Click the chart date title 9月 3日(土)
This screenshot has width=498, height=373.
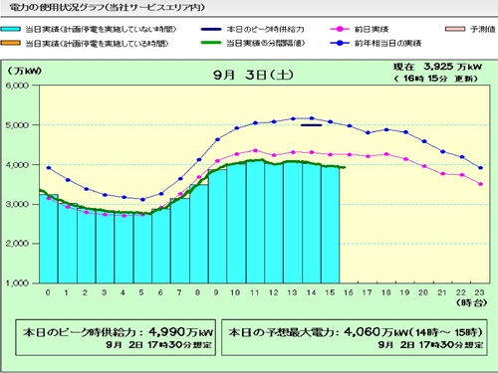[249, 76]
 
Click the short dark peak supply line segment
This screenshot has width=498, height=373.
[311, 124]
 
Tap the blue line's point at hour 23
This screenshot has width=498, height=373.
[481, 167]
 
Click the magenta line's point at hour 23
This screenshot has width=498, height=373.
[481, 184]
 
